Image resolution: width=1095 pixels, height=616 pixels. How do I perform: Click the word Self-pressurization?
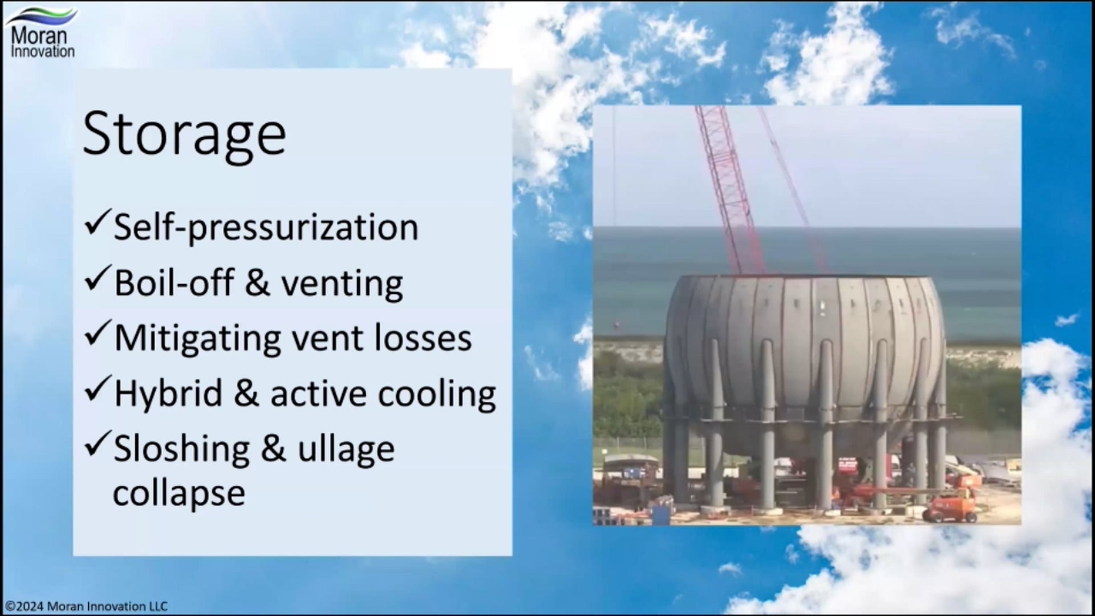[x=266, y=228]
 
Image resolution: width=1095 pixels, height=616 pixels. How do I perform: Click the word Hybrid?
[x=168, y=394]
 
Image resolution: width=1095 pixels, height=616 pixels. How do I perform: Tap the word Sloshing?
[x=181, y=449]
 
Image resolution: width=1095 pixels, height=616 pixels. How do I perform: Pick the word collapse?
[x=179, y=492]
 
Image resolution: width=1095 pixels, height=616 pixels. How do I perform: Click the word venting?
[x=342, y=283]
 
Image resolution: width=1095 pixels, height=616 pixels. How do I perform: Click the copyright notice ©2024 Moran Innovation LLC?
[x=86, y=606]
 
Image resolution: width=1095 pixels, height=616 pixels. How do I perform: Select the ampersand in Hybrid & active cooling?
[x=246, y=394]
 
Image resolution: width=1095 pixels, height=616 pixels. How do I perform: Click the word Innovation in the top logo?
[x=43, y=52]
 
